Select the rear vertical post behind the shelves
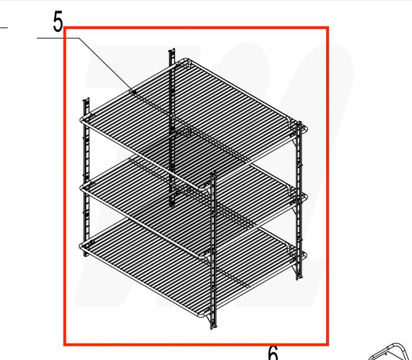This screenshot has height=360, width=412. click(x=172, y=118)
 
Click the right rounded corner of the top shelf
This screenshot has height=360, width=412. click(x=303, y=126)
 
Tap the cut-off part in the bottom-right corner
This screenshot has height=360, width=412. click(x=391, y=351)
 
